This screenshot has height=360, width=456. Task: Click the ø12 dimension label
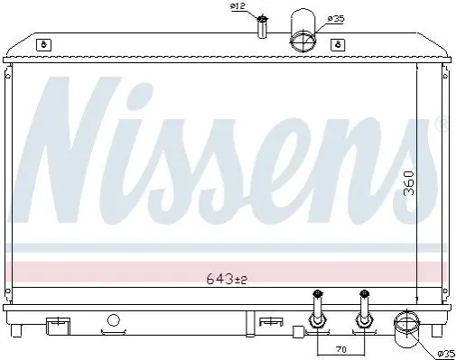pyautogui.click(x=238, y=6)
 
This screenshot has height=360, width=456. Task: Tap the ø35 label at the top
pyautogui.click(x=336, y=19)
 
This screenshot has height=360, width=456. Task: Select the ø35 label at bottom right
pyautogui.click(x=446, y=355)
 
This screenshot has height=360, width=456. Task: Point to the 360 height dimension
pyautogui.click(x=408, y=183)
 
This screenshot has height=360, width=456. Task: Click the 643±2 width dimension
pyautogui.click(x=227, y=280)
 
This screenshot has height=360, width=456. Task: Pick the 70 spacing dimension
pyautogui.click(x=340, y=349)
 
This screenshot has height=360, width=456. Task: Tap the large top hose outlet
pyautogui.click(x=302, y=30)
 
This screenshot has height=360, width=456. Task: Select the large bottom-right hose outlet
pyautogui.click(x=406, y=330)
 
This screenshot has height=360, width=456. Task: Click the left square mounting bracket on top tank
pyautogui.click(x=43, y=45)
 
